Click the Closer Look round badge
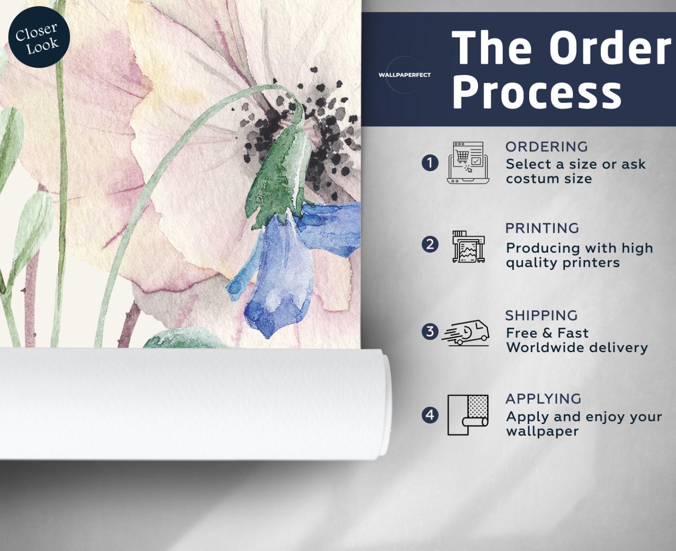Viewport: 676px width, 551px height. coord(39,37)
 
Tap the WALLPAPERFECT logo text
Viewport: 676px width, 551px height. coord(405,75)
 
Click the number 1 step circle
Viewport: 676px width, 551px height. coord(430,163)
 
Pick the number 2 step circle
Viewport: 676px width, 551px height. coord(430,245)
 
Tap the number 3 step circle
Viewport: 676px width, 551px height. coord(430,331)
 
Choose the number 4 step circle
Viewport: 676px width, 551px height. coord(430,415)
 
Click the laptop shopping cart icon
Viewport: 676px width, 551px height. coord(468,162)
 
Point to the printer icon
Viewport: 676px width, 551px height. coord(468,247)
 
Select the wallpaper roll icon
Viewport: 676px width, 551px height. coord(468,415)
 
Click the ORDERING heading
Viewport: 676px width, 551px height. coord(546,146)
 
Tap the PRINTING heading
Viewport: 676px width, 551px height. coord(542,228)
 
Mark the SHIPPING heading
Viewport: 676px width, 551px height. coord(542,315)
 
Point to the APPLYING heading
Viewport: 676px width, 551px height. coord(543,399)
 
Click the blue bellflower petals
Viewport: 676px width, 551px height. coord(286,270)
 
